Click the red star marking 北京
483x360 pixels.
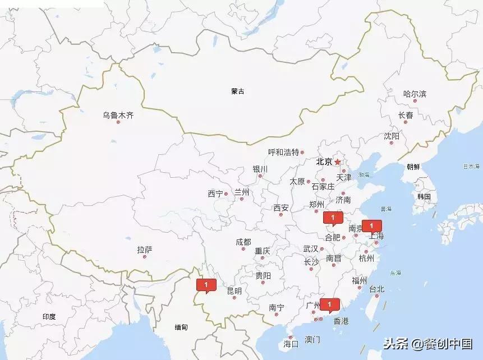click(x=338, y=162)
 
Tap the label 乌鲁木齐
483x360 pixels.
click(x=118, y=115)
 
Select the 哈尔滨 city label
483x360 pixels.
click(x=415, y=94)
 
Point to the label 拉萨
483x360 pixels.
click(x=144, y=250)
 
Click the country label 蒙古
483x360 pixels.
click(x=238, y=91)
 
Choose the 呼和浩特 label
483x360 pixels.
click(x=283, y=152)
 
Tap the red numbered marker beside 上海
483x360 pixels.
click(x=371, y=226)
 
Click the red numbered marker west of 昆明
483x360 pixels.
click(x=206, y=285)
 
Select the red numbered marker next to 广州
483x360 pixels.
click(x=330, y=304)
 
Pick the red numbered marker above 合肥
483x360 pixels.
click(x=333, y=218)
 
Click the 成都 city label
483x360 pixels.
click(x=243, y=242)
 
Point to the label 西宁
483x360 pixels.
click(x=215, y=194)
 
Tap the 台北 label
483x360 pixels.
click(x=376, y=289)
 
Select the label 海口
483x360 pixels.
click(x=291, y=344)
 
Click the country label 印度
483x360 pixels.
click(x=49, y=316)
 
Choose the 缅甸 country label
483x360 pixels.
click(x=181, y=327)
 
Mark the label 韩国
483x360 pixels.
click(x=424, y=196)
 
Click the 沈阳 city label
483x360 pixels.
click(x=392, y=136)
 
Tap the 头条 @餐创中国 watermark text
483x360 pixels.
click(x=427, y=343)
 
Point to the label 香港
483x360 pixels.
click(x=341, y=321)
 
